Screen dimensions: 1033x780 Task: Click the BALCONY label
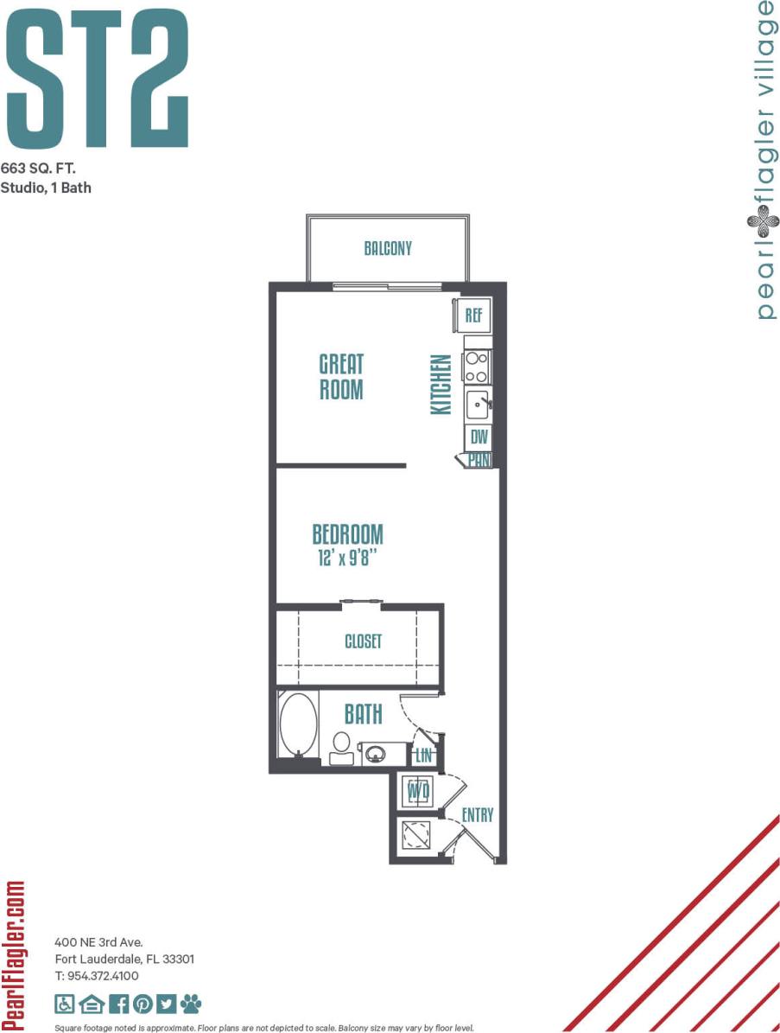coord(388,249)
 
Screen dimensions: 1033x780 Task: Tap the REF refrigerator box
coord(473,315)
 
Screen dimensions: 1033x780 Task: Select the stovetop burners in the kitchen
coord(477,367)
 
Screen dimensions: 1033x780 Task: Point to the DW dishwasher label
coord(479,437)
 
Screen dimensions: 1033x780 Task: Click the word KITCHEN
coord(441,384)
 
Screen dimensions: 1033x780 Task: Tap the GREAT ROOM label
coord(341,376)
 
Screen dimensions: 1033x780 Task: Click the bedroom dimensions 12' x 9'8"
coord(348,558)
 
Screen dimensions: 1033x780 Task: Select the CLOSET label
coord(363,642)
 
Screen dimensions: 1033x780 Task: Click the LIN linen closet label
coord(423,756)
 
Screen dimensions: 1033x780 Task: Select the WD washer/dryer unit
coord(418,791)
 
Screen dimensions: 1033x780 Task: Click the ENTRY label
coord(478,815)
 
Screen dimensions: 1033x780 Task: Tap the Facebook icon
coord(118,1004)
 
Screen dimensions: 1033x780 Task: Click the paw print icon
coord(191,1004)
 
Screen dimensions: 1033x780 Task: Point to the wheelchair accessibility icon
coord(65,1004)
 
